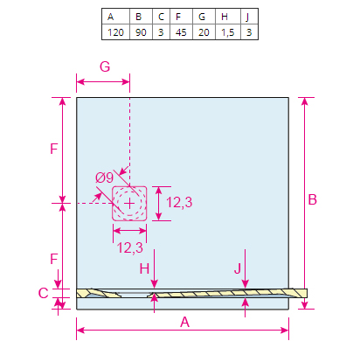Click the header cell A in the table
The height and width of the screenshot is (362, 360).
pos(115,17)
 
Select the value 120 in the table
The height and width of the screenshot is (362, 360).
pos(115,32)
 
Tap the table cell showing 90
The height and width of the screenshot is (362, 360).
pos(141,32)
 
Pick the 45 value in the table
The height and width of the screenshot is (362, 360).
pos(181,32)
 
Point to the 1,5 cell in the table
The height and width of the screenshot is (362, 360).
pos(228,32)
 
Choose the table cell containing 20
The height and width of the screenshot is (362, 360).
pos(204,32)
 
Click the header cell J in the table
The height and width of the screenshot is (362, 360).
pos(249,17)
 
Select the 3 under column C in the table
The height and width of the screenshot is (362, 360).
pos(161,32)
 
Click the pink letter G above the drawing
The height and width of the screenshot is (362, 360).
pos(105,66)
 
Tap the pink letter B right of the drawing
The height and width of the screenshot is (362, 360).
pos(312,200)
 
